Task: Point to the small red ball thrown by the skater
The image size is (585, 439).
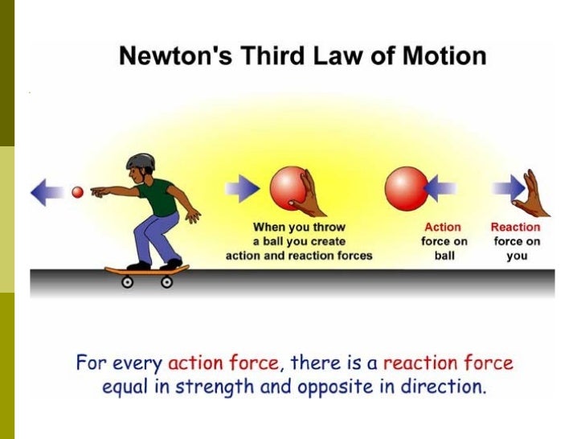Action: (x=78, y=192)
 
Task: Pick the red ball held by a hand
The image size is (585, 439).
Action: (x=291, y=188)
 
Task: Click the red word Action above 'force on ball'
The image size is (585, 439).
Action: (x=443, y=228)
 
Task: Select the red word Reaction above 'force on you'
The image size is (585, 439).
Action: (x=515, y=228)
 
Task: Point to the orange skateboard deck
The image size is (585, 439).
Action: (x=147, y=270)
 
